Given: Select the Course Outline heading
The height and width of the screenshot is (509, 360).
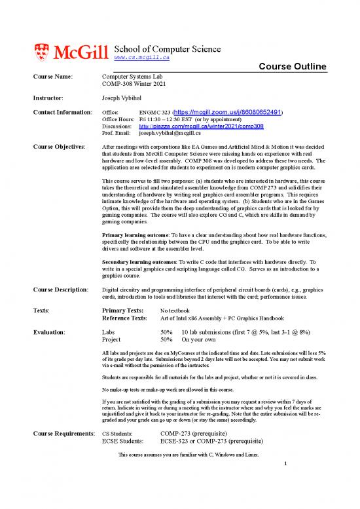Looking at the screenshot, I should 293,67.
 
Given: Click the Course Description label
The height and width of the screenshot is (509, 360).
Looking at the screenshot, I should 60,290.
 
